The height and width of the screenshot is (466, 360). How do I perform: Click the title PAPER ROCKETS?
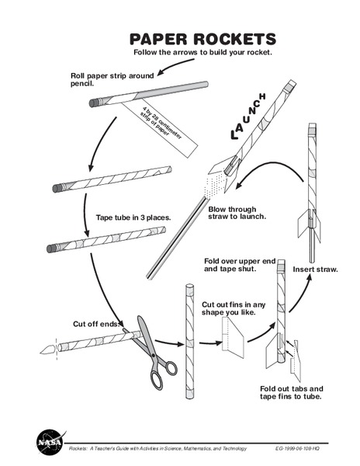tap(202, 39)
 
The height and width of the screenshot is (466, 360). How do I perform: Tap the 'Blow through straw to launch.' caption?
tap(237, 213)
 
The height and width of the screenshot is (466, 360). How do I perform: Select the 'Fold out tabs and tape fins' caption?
tap(291, 392)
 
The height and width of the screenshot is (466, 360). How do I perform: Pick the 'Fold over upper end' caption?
tap(239, 264)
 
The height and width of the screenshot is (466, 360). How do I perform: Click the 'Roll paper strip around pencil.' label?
tap(112, 80)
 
